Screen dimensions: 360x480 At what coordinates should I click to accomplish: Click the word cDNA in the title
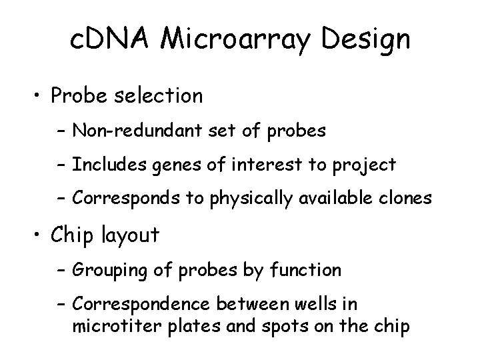click(x=111, y=40)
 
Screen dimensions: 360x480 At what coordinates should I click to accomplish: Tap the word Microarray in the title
click(x=236, y=40)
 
